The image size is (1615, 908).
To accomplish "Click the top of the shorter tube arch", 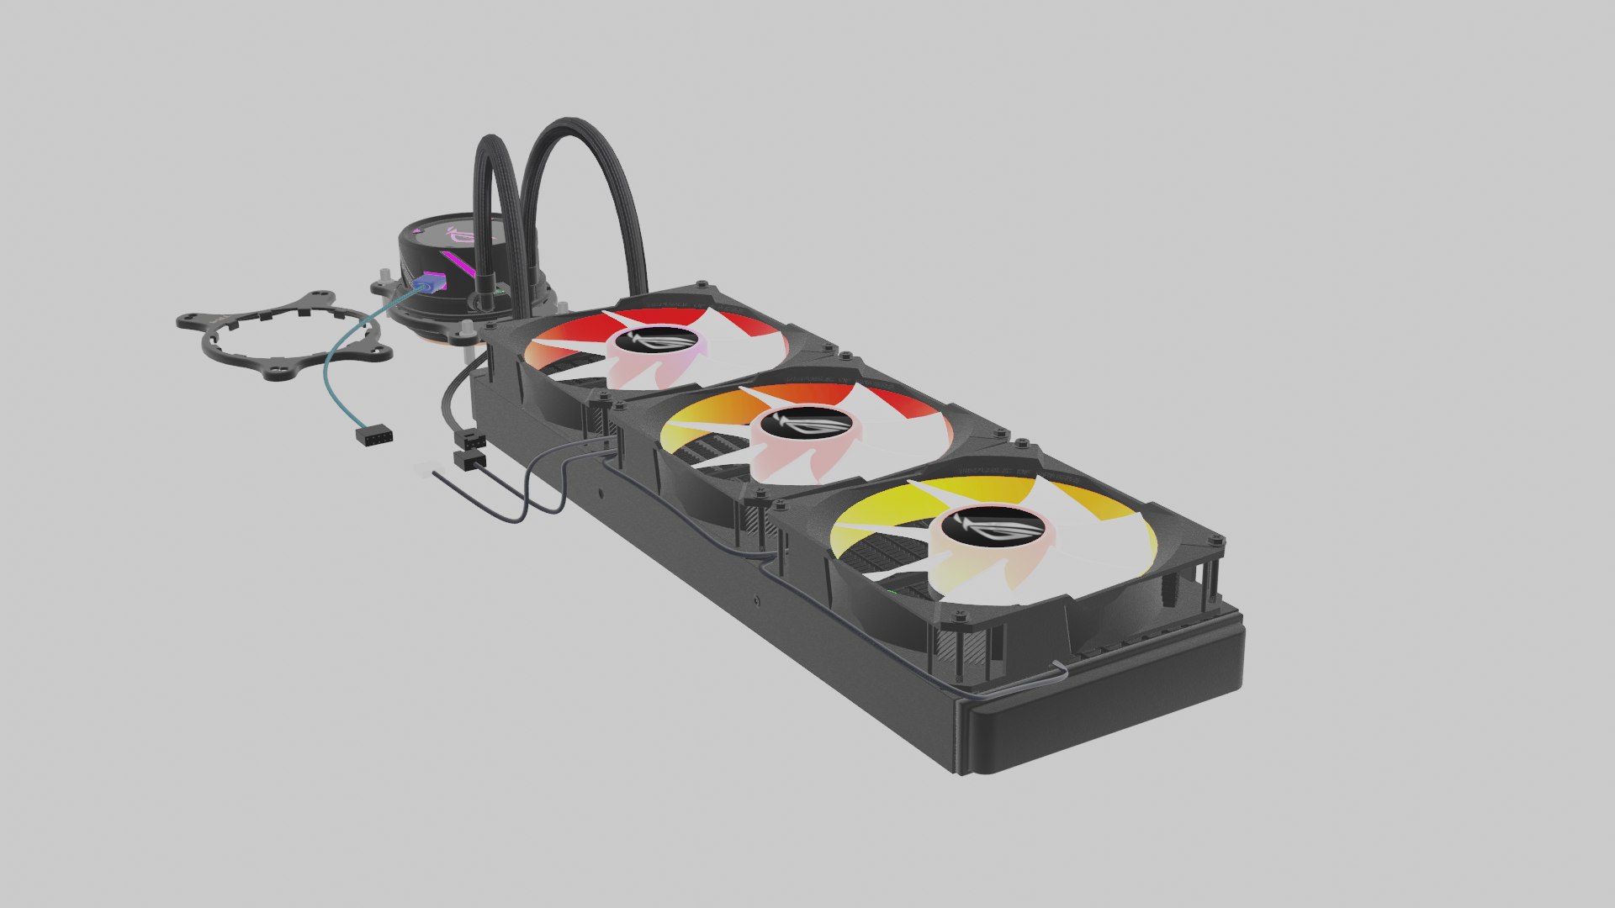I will pyautogui.click(x=496, y=138).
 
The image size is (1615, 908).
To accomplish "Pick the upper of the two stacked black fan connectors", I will pyautogui.click(x=470, y=440).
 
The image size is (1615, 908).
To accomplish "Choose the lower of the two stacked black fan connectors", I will pyautogui.click(x=469, y=459).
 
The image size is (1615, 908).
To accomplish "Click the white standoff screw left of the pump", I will pyautogui.click(x=384, y=276).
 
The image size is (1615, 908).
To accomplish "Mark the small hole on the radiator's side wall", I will pyautogui.click(x=756, y=600).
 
